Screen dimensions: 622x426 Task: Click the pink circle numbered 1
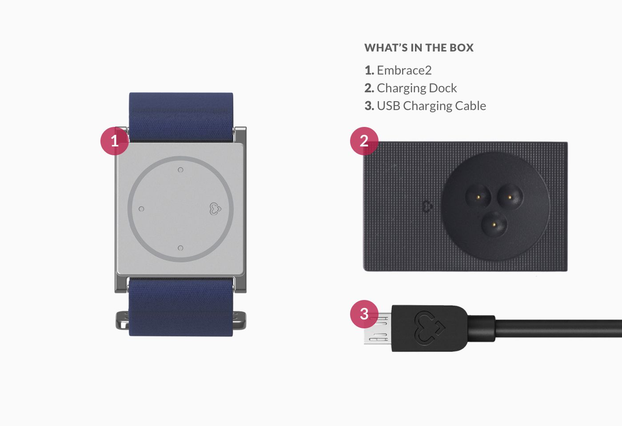point(115,141)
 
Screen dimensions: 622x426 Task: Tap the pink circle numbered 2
point(364,141)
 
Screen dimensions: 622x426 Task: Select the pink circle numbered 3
point(364,314)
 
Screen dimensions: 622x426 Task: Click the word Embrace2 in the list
point(404,70)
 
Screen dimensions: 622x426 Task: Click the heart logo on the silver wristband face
point(215,209)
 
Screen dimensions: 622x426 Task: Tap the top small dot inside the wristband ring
point(180,170)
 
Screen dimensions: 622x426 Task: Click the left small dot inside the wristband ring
point(141,209)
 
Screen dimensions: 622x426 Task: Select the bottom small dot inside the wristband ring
point(180,248)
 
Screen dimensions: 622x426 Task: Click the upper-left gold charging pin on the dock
point(478,197)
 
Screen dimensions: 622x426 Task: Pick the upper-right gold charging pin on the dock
point(510,197)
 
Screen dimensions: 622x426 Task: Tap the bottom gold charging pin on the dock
point(494,224)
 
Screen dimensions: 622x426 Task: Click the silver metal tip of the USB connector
point(378,329)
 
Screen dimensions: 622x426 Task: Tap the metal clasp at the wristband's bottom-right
point(239,320)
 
